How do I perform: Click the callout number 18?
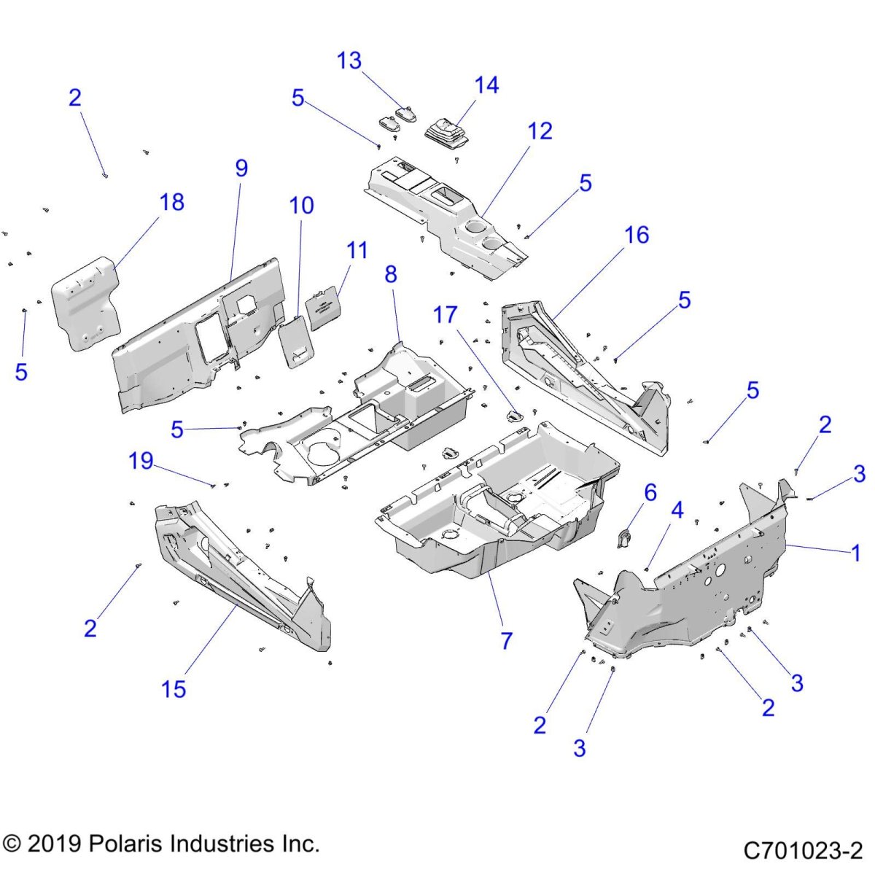tap(172, 202)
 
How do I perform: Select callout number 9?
tap(241, 168)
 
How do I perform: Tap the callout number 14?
tap(486, 85)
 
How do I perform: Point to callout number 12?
tap(540, 131)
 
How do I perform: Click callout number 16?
tap(637, 235)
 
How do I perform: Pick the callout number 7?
tap(506, 641)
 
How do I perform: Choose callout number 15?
tap(174, 689)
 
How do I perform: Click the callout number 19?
tap(141, 461)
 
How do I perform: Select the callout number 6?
tap(650, 493)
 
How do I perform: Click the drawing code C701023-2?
tap(803, 850)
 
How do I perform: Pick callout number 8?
tap(391, 274)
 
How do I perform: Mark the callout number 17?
tap(445, 314)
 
